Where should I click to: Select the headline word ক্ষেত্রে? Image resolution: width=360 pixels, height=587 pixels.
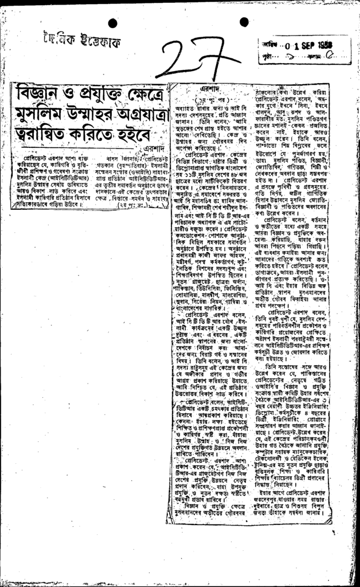click(x=151, y=92)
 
